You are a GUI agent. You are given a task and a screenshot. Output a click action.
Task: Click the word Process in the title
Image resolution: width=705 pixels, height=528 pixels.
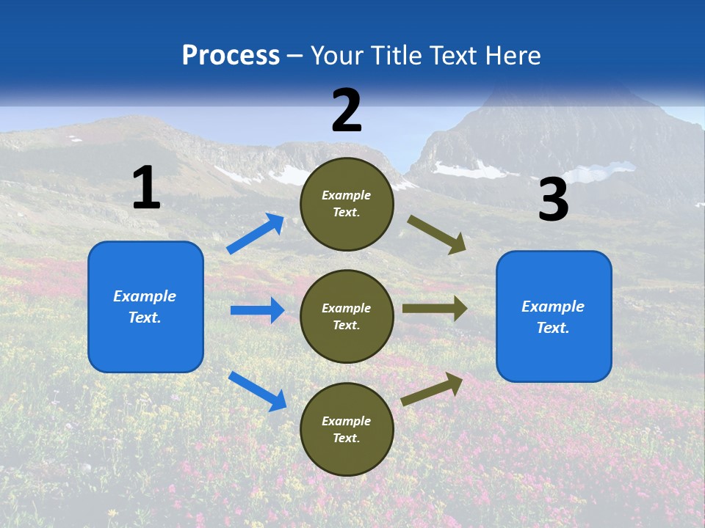(231, 56)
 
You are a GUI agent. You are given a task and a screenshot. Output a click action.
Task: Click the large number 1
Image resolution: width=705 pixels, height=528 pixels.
(146, 188)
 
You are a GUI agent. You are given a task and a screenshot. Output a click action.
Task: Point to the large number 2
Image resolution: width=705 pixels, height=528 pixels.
(347, 111)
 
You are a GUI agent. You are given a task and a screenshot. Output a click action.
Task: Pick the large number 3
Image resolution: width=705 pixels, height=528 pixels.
(553, 200)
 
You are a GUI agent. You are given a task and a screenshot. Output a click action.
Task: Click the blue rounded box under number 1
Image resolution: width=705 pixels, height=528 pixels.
(145, 307)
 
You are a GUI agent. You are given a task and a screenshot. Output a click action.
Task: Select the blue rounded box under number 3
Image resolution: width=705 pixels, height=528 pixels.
(554, 317)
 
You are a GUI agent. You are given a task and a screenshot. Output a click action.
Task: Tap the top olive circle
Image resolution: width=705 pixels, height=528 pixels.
(347, 204)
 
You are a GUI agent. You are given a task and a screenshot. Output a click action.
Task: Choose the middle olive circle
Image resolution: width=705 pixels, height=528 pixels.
(347, 317)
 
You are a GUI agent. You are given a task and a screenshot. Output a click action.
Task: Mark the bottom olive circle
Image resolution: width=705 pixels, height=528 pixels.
(347, 430)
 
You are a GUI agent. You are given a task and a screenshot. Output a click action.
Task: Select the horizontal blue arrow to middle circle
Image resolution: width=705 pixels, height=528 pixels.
(257, 310)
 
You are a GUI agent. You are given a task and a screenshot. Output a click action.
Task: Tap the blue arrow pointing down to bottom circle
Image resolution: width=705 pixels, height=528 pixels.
(257, 391)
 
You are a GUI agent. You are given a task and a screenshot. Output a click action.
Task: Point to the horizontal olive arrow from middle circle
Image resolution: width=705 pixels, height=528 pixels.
(435, 309)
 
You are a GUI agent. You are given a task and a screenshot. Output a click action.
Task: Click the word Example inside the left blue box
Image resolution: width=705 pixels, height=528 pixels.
(145, 296)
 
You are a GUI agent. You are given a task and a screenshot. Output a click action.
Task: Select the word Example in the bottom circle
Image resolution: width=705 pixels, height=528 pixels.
(347, 421)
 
